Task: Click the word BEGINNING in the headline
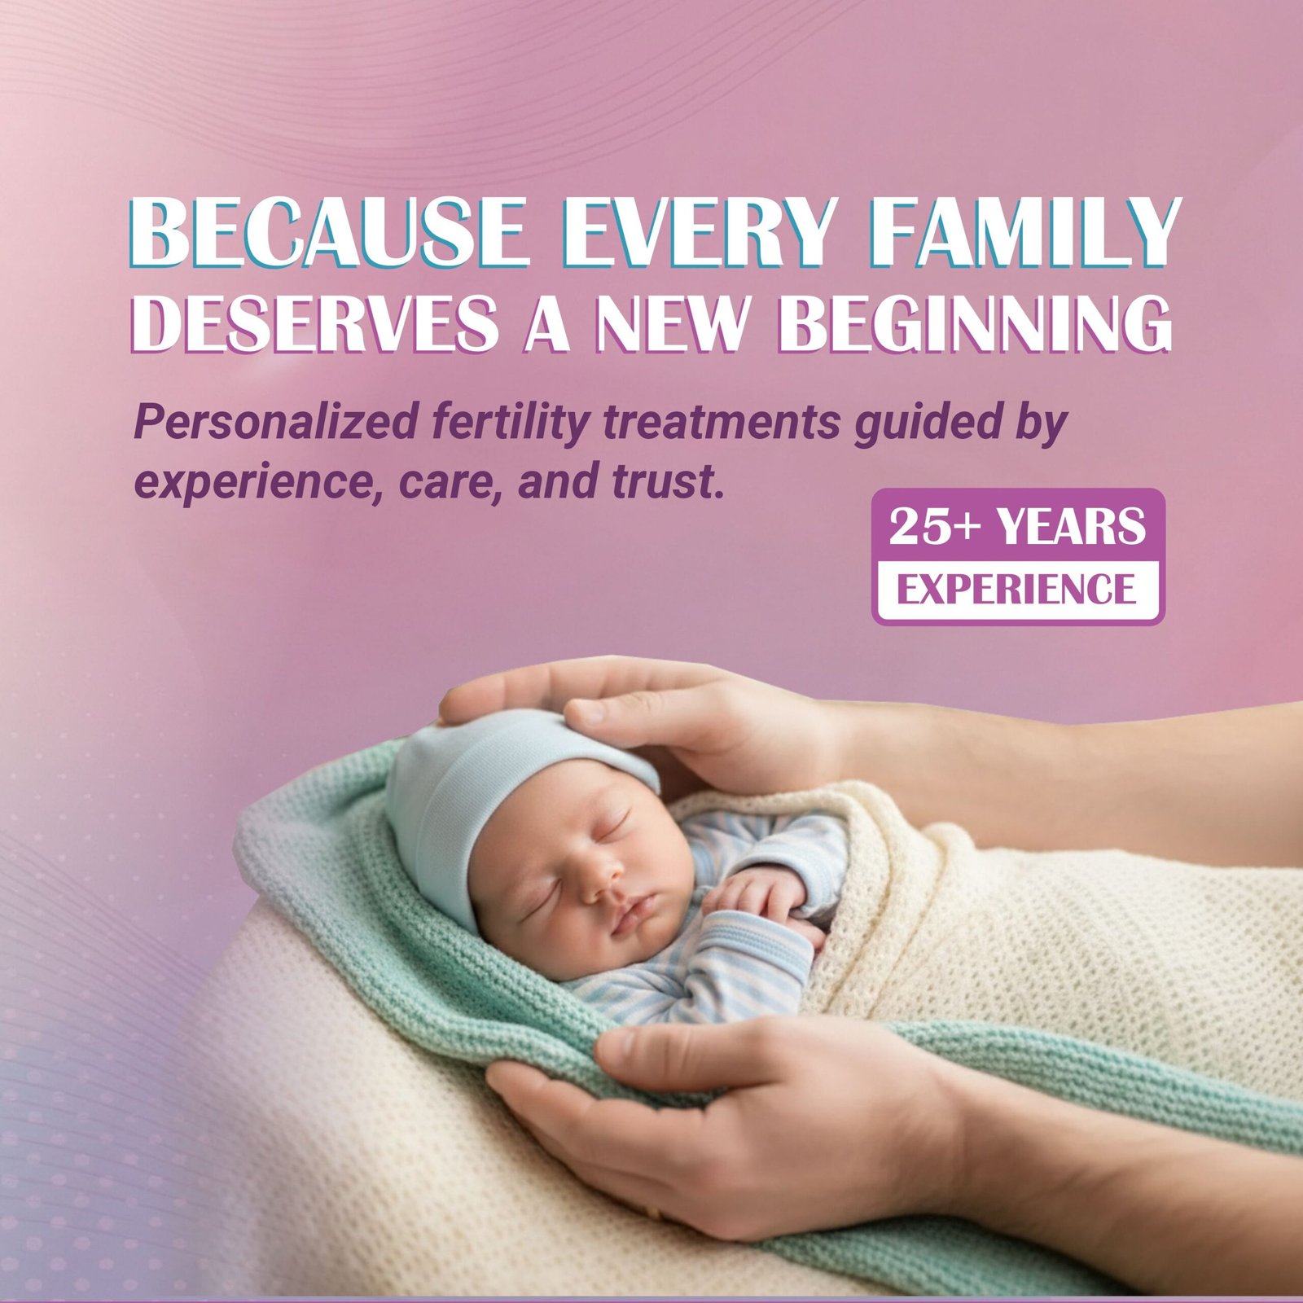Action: click(x=973, y=323)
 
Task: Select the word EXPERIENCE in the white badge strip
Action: click(x=1016, y=589)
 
